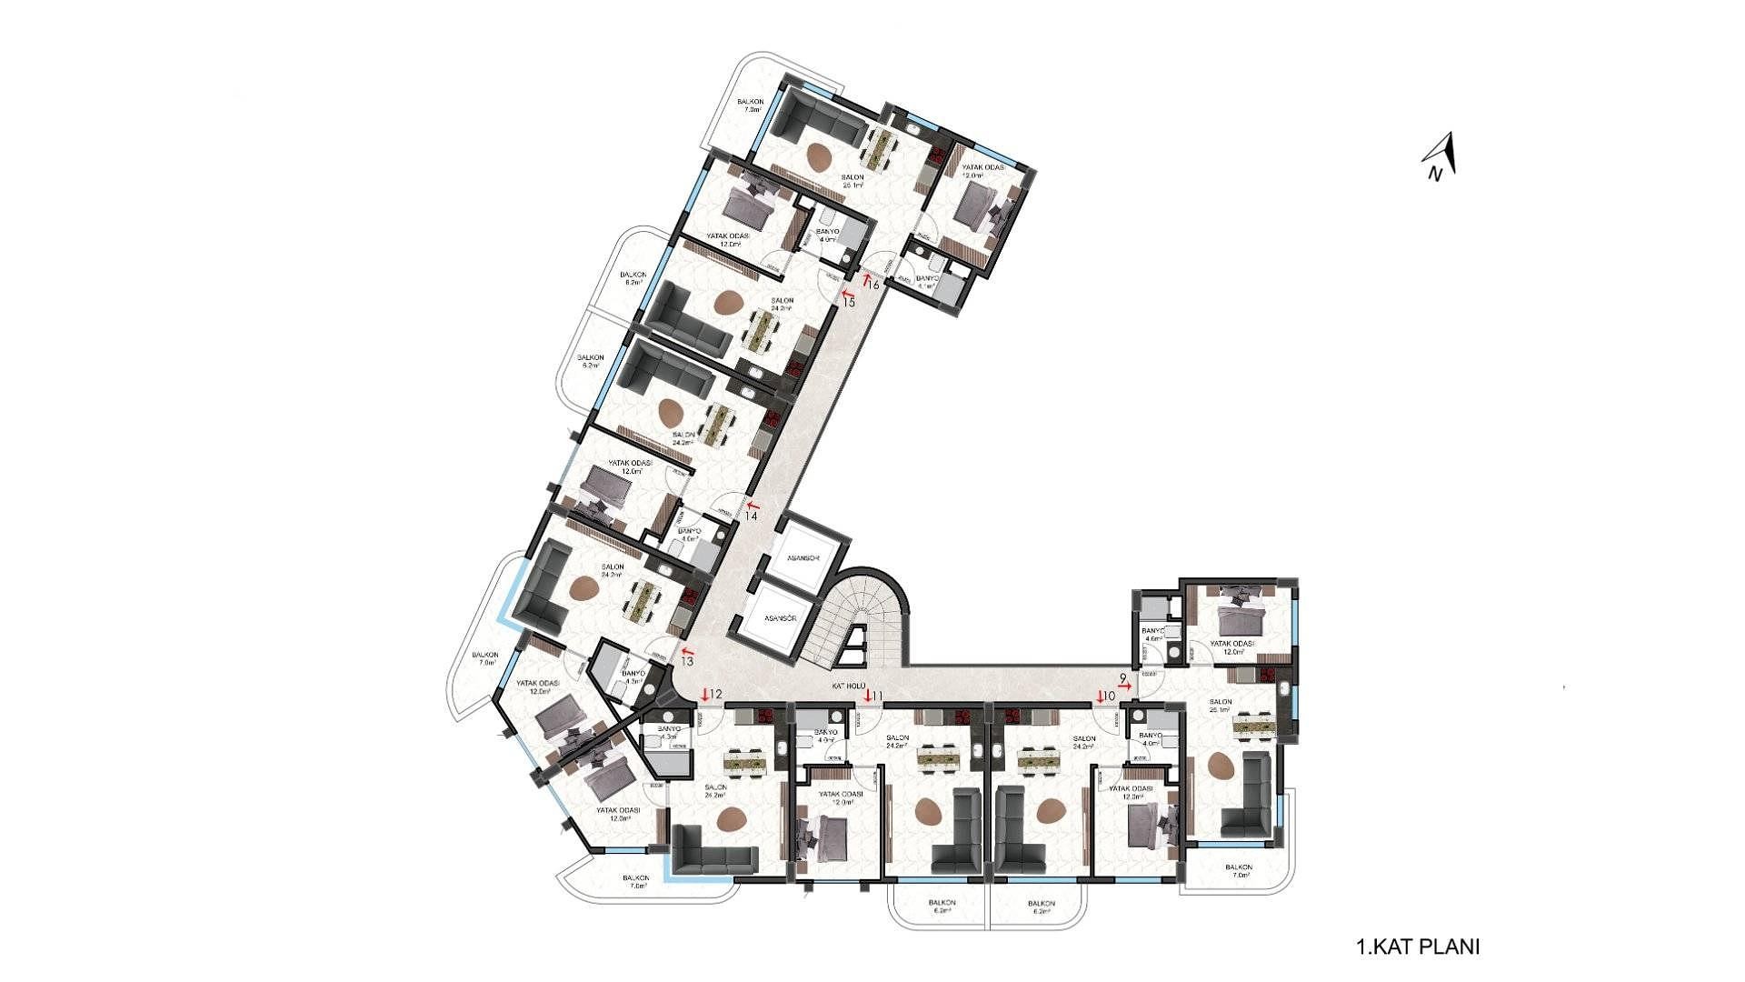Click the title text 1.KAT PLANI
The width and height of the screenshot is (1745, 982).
(1418, 947)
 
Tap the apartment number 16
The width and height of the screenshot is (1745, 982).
(873, 285)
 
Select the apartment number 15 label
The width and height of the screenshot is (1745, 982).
(849, 302)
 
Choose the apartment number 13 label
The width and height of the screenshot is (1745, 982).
(686, 661)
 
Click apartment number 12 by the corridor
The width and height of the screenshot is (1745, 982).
(715, 695)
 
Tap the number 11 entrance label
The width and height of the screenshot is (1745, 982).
(877, 696)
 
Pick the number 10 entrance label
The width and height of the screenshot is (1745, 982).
(1108, 696)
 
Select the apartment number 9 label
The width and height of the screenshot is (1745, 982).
(1124, 678)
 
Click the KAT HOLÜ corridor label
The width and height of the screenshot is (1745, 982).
(852, 686)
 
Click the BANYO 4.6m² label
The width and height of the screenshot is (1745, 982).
(1152, 634)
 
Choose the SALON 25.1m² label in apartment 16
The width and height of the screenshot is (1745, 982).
(852, 181)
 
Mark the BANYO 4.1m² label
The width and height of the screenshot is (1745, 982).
(927, 281)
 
